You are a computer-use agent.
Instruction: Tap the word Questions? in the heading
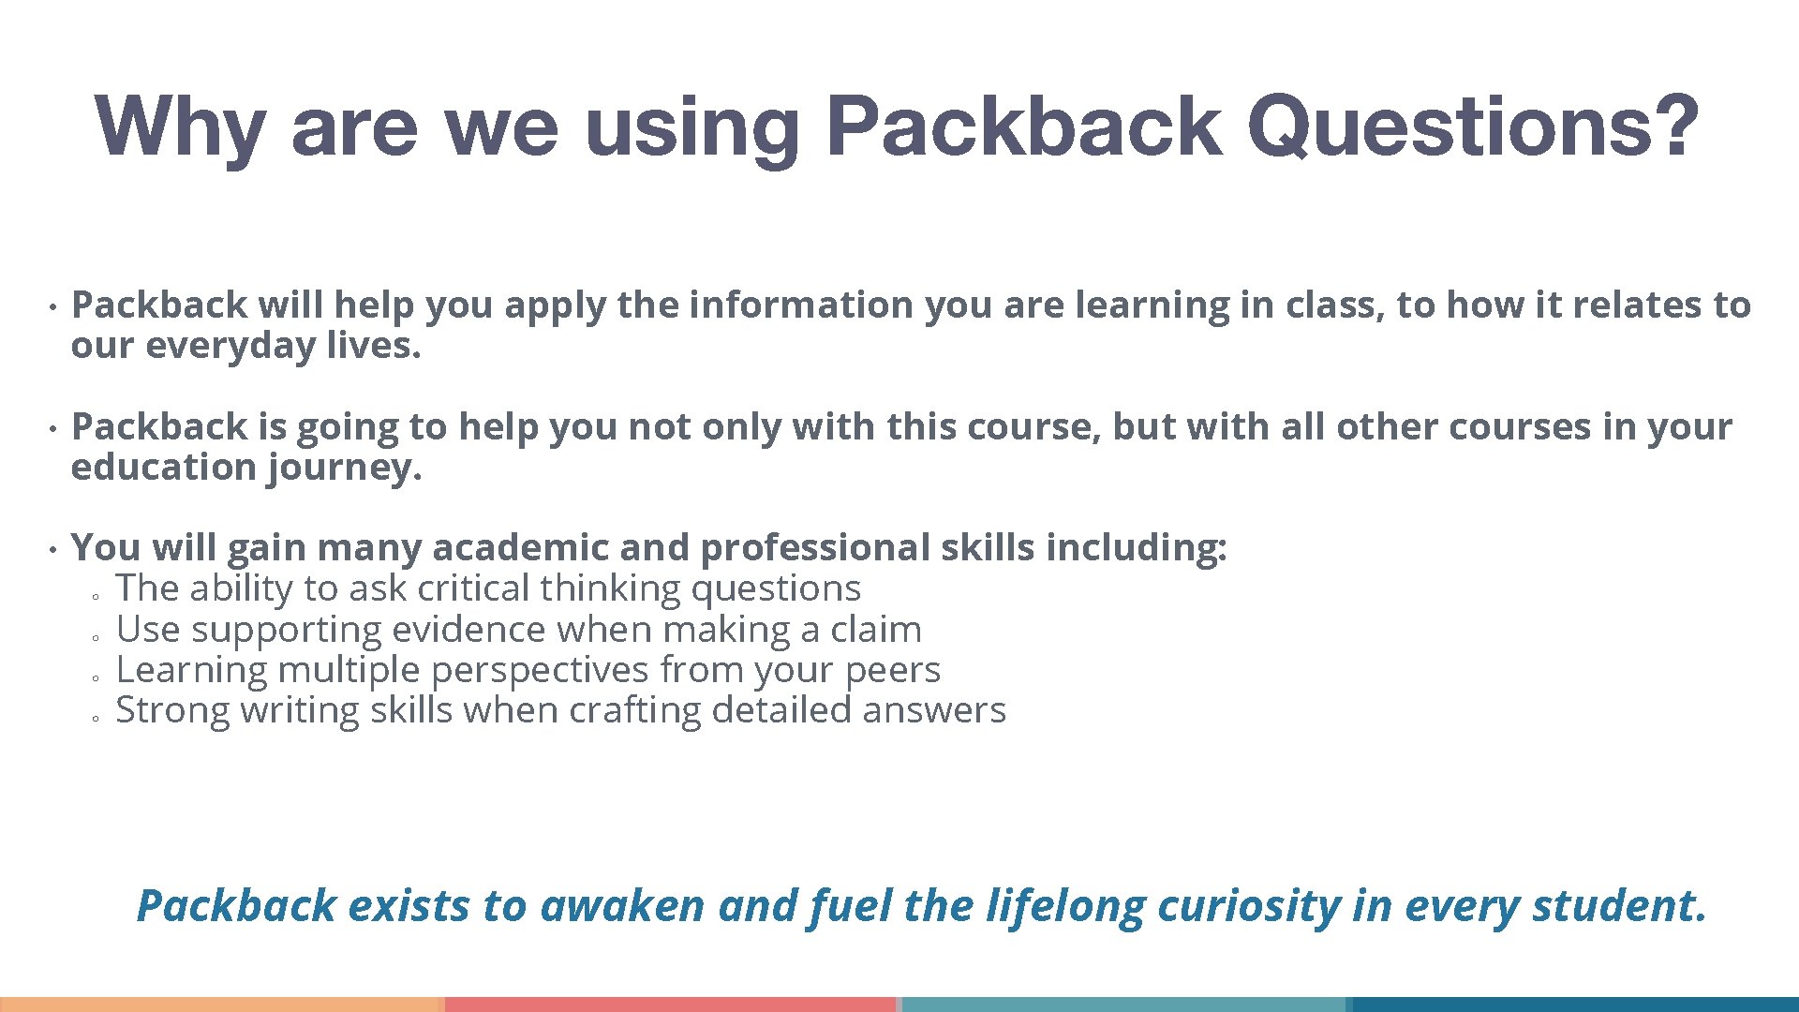tap(1472, 127)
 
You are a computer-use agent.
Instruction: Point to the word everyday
tap(230, 346)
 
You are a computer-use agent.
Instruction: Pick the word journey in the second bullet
tap(345, 468)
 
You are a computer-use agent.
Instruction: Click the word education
tap(164, 467)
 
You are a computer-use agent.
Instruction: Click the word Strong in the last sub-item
tap(172, 711)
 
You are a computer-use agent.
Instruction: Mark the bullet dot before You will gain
tap(54, 548)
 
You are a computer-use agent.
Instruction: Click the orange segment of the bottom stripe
tap(221, 1004)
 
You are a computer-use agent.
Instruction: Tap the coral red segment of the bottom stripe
tap(671, 1004)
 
